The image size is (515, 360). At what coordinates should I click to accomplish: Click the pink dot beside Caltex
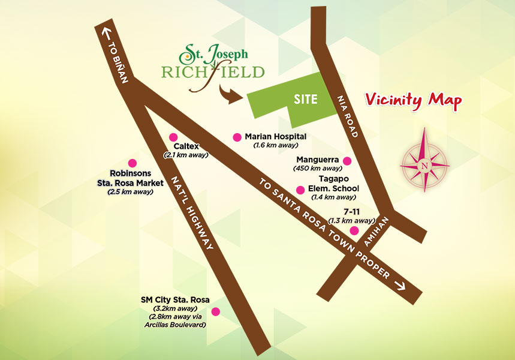[x=173, y=137]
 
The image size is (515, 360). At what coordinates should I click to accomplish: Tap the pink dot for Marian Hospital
[x=237, y=137]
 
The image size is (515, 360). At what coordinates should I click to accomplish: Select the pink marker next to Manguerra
[x=347, y=160]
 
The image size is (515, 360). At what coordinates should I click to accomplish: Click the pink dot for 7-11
[x=354, y=230]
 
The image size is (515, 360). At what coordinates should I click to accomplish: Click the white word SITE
[x=305, y=100]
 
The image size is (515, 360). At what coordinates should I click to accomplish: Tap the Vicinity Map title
[x=414, y=100]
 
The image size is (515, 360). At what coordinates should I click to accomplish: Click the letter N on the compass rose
[x=424, y=166]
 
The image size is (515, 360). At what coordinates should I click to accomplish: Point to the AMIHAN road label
[x=376, y=230]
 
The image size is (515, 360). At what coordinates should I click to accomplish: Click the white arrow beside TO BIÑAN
[x=107, y=33]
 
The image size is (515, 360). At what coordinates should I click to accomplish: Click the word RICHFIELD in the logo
[x=213, y=73]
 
